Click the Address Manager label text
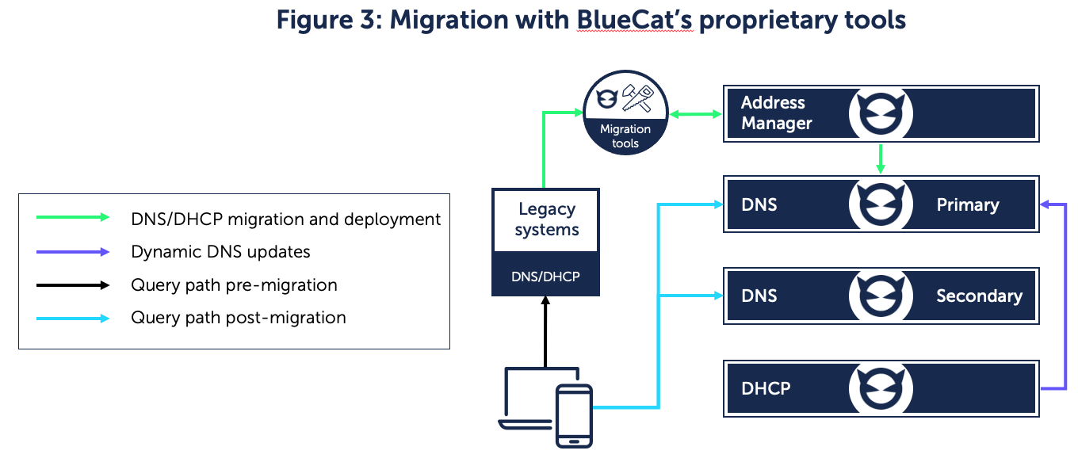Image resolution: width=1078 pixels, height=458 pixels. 776,113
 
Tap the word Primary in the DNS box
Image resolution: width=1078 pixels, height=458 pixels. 967,205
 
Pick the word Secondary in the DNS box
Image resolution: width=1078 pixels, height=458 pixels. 979,296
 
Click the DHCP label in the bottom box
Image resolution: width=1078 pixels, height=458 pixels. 765,388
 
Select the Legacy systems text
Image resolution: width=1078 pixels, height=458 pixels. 546,219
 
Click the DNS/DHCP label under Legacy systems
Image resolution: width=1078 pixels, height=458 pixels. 546,277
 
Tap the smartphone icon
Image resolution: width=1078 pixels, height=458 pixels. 574,415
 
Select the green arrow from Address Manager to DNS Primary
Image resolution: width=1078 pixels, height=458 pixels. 881,159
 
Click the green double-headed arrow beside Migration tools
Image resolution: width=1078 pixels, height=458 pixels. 695,115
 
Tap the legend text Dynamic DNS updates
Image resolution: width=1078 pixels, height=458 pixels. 220,252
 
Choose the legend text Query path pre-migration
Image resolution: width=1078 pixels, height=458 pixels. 234,285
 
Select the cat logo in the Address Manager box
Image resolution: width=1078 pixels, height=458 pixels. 881,114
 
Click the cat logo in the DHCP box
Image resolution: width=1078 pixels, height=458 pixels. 881,389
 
